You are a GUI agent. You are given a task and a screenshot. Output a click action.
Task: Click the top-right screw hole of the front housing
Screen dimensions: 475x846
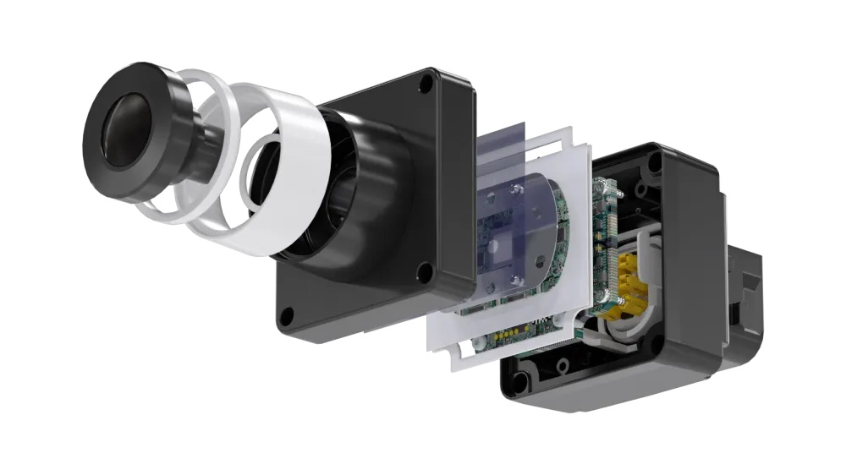pyautogui.click(x=426, y=84)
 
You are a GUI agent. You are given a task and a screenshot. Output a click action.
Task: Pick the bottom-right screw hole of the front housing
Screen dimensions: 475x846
pyautogui.click(x=426, y=272)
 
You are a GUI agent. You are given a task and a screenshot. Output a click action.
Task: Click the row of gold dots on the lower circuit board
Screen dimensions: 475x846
pyautogui.click(x=507, y=334)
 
